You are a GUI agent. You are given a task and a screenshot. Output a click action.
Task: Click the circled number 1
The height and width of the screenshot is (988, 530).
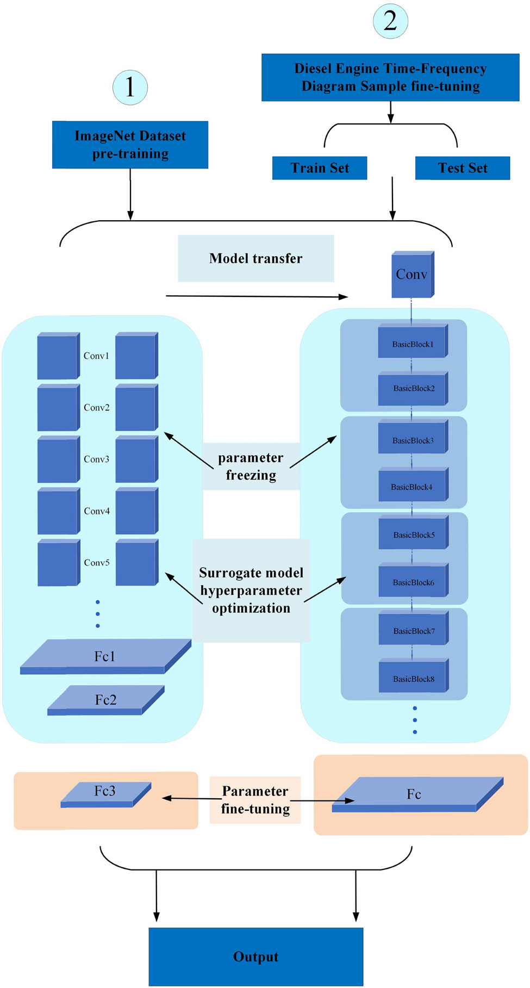[x=130, y=87]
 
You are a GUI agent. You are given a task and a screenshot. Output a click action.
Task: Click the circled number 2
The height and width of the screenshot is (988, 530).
[x=390, y=21]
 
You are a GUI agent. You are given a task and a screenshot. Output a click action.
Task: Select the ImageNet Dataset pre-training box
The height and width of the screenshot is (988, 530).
[x=130, y=145]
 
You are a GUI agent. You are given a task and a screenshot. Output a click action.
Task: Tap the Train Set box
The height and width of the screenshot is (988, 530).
[x=320, y=168]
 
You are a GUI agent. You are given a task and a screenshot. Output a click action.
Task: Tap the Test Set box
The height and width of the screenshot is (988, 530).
[x=463, y=168]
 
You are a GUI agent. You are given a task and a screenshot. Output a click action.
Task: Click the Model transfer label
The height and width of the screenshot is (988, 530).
[x=255, y=258]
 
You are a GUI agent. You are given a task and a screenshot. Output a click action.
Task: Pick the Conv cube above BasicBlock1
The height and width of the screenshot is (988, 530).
[x=412, y=275]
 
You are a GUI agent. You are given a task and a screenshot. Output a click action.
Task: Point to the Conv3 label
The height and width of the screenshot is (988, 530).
[x=97, y=459]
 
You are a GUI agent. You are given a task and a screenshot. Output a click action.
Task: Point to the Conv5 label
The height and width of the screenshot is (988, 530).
[x=97, y=563]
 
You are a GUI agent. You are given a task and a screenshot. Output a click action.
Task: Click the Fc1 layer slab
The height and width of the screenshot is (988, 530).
[x=104, y=656]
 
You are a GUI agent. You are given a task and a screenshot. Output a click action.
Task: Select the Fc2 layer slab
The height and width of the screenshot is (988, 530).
[x=105, y=699]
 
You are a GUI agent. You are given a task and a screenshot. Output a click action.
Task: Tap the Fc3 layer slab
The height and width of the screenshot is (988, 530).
[x=105, y=793]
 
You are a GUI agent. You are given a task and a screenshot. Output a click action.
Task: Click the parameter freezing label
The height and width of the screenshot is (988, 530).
[x=251, y=467]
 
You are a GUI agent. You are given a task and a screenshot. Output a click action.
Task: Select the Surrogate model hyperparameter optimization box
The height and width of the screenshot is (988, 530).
[x=251, y=590]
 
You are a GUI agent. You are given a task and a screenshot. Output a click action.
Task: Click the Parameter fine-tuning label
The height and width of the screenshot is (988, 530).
[x=255, y=800]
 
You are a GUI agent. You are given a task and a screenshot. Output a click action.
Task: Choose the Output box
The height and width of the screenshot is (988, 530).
[x=255, y=956]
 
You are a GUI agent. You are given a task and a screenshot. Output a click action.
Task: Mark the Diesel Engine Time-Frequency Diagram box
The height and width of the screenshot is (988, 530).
[x=390, y=77]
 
